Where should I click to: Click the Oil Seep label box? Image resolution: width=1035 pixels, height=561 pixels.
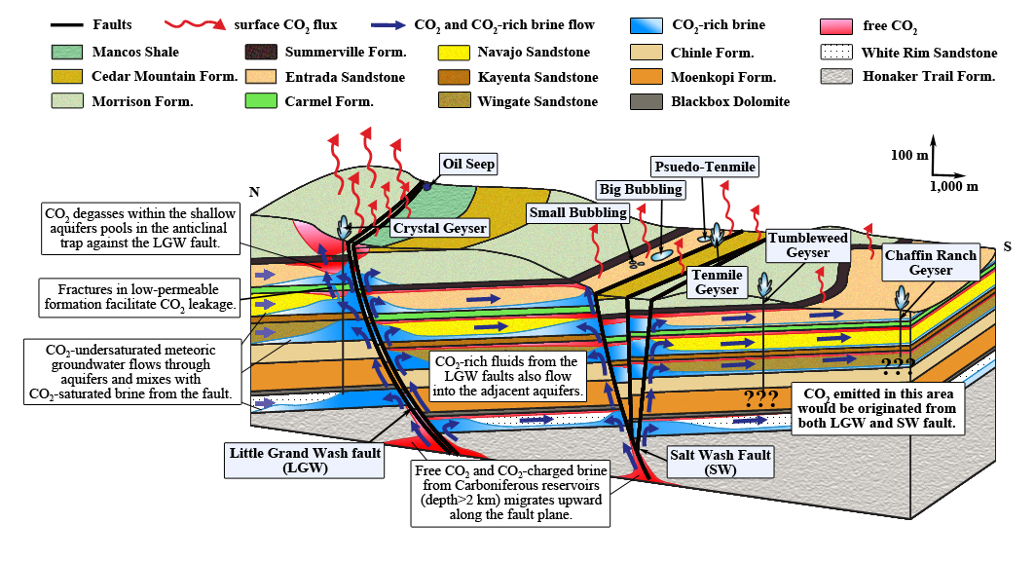point(468,164)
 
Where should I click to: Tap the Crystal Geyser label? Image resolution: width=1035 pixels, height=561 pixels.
point(440,228)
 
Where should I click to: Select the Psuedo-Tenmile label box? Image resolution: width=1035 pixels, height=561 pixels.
point(704,167)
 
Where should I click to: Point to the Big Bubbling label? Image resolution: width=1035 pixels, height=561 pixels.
point(641,189)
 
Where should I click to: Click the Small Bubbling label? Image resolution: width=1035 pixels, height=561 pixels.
point(578,212)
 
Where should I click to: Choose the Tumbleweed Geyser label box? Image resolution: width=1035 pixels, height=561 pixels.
point(808,245)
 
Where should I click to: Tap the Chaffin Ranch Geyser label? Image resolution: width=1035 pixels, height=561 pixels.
point(930,263)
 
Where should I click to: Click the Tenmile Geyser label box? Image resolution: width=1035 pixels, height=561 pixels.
point(717,282)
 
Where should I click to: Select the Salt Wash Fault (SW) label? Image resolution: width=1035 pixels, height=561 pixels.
point(721,462)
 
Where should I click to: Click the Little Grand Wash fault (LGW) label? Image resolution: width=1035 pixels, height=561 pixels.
point(305,460)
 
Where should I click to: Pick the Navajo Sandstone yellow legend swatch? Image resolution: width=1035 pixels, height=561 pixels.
point(454,53)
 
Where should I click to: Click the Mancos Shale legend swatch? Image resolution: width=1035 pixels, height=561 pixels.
point(67,53)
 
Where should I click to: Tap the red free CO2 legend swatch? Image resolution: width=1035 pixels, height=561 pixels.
point(835,26)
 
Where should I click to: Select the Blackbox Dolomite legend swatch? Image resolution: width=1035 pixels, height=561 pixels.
point(647,101)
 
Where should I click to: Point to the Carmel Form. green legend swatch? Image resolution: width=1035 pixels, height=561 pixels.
point(261,101)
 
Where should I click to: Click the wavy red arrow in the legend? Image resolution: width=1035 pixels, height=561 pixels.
point(196,25)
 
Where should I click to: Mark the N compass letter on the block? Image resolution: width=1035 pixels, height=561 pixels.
point(254,192)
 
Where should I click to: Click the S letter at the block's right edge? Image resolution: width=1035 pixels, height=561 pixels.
point(1008,246)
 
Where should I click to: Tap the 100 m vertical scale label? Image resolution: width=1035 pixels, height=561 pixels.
point(909,155)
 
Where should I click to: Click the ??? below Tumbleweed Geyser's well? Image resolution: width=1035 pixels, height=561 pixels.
point(760,398)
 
